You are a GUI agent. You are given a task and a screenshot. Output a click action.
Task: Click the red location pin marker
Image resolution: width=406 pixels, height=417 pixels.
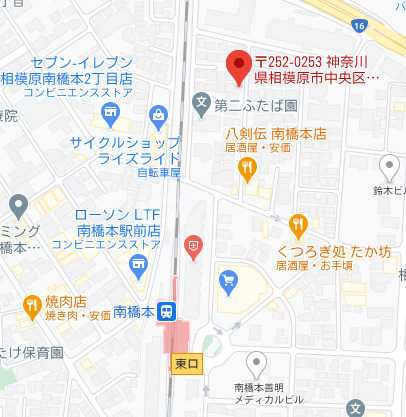(x=238, y=67)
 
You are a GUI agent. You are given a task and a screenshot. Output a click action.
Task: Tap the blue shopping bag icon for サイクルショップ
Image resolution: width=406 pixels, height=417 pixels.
(x=158, y=116)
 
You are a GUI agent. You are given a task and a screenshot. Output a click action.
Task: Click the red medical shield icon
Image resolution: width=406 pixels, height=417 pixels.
(x=194, y=243)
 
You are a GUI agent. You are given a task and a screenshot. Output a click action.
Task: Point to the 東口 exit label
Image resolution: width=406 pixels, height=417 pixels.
(x=186, y=362)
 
